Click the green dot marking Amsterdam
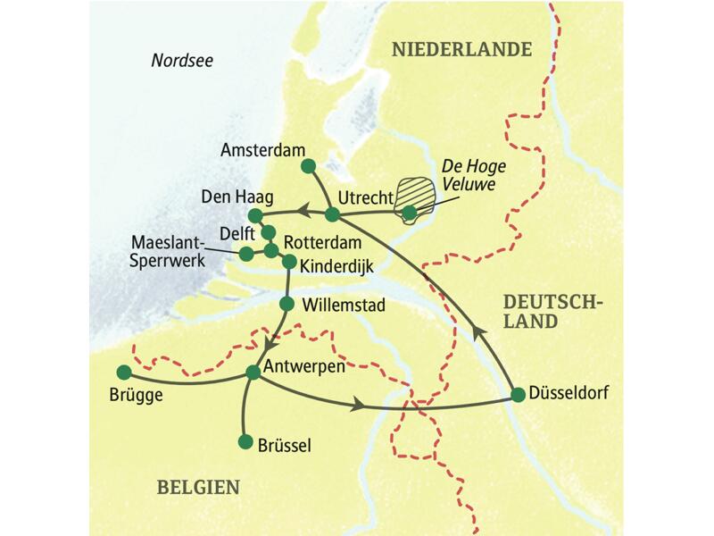pos(308,166)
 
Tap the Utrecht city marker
pos(332,214)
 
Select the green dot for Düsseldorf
pos(518,394)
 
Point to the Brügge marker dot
pos(123,372)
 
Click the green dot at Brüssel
pos(245,442)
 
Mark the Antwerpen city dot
pos(253,373)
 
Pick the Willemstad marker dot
pos(286,304)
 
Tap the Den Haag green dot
pos(255,215)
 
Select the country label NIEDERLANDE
pos(461,50)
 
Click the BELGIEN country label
pos(198,487)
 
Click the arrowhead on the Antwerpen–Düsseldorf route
pos(360,406)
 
